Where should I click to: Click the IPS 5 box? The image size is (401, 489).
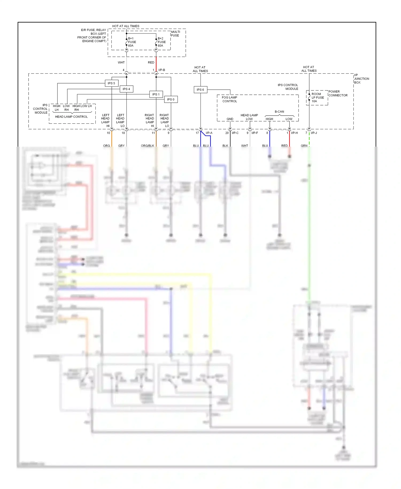tap(111, 83)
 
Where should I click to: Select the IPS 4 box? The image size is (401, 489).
tap(126, 89)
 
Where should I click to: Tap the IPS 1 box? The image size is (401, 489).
tap(156, 94)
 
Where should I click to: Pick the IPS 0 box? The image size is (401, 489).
tap(171, 99)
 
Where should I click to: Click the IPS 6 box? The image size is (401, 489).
tap(200, 90)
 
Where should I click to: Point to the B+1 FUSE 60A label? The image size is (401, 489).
tap(132, 42)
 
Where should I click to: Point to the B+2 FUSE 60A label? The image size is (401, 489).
tap(161, 42)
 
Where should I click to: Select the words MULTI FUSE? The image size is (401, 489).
tap(175, 33)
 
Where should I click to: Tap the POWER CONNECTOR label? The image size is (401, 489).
tap(338, 93)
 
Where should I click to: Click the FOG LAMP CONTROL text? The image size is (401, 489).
tap(229, 99)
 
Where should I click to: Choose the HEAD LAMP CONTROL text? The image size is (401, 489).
tap(71, 117)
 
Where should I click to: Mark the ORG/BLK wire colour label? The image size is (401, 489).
tap(147, 146)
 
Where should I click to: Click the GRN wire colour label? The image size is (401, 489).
tap(304, 146)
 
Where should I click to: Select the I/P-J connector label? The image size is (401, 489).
tap(314, 133)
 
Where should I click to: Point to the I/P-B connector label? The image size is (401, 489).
tap(161, 70)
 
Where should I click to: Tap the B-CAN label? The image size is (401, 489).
tap(279, 112)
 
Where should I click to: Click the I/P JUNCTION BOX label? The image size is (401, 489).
tap(361, 79)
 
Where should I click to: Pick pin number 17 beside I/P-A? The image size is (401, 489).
tap(197, 133)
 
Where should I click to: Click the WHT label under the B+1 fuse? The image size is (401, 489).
tap(121, 62)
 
